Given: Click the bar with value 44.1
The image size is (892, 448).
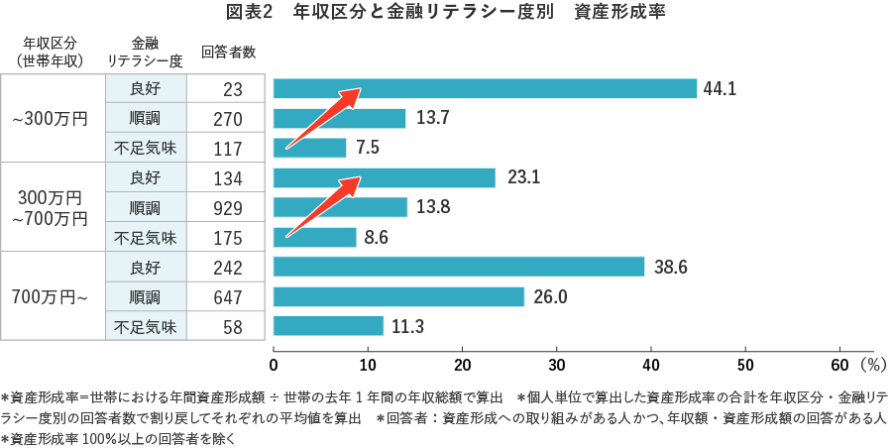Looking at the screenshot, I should click(485, 89).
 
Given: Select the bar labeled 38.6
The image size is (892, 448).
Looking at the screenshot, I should click(458, 268).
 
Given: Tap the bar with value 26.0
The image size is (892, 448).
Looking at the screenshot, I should click(397, 297).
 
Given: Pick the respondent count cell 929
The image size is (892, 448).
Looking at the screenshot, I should click(228, 208).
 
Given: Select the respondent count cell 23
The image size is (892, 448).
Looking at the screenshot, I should click(233, 89).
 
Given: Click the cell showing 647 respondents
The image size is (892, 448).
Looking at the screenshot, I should click(228, 297).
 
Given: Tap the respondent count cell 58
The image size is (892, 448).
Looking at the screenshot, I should click(233, 327).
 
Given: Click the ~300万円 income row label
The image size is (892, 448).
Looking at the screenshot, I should click(51, 119).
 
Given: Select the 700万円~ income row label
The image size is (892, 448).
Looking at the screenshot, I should click(51, 297).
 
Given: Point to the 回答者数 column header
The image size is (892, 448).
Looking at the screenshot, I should click(228, 52).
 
